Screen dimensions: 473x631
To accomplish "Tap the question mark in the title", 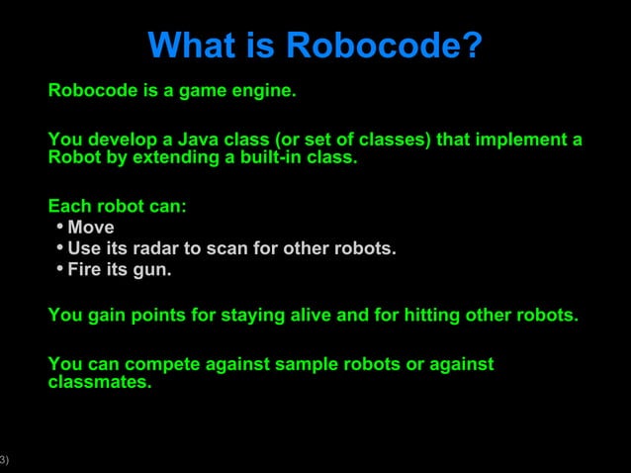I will pos(472,46).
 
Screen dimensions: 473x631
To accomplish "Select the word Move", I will pos(91,229).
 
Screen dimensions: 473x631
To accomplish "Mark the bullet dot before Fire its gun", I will pos(59,269).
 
